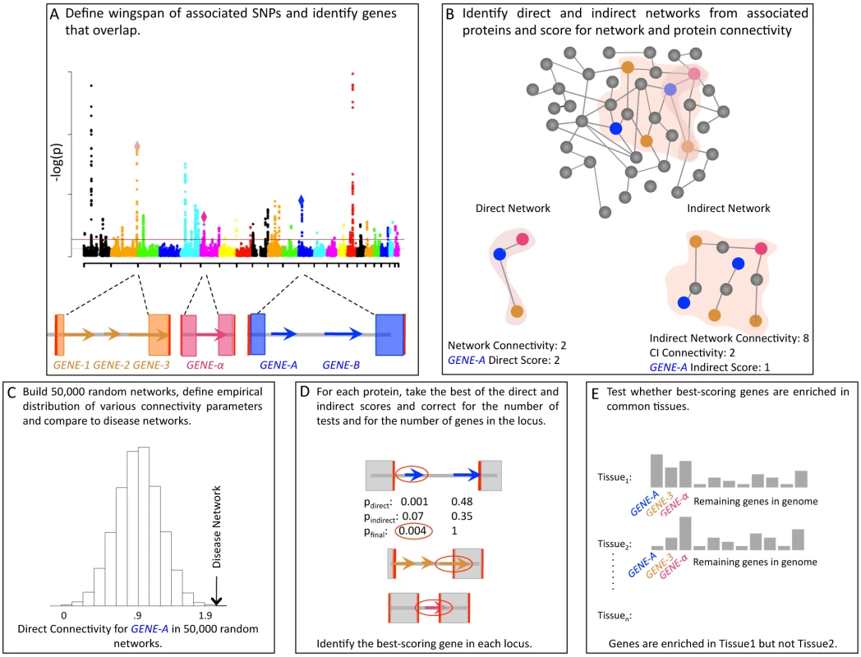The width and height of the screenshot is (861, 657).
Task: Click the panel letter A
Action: tap(54, 14)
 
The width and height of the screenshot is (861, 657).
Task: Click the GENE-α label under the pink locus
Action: tap(205, 365)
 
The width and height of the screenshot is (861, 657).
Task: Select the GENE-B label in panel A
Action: tap(341, 365)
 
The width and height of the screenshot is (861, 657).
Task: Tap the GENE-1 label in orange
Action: tap(71, 365)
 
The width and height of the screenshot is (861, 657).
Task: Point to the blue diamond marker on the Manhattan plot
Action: tap(301, 201)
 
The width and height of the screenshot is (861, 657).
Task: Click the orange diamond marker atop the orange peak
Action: tap(137, 147)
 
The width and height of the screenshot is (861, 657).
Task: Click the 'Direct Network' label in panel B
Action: tap(513, 208)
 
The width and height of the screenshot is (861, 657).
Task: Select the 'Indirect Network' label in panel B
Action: tap(729, 208)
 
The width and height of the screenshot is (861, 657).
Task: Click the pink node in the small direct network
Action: tap(523, 239)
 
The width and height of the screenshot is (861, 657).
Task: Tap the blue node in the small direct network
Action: tap(500, 254)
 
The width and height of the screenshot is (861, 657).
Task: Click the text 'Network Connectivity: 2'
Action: tap(507, 346)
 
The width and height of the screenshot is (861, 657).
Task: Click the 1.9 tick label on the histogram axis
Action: tap(205, 615)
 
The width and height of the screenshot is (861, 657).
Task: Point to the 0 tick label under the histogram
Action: tap(64, 615)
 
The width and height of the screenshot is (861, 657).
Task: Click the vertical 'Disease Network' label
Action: tap(217, 527)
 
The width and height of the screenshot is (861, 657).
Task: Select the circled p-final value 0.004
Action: tap(413, 531)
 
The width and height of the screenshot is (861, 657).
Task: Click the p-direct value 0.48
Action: tap(462, 501)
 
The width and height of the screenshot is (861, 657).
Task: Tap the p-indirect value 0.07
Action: tap(413, 516)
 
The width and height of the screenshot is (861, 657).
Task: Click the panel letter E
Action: tap(596, 393)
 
